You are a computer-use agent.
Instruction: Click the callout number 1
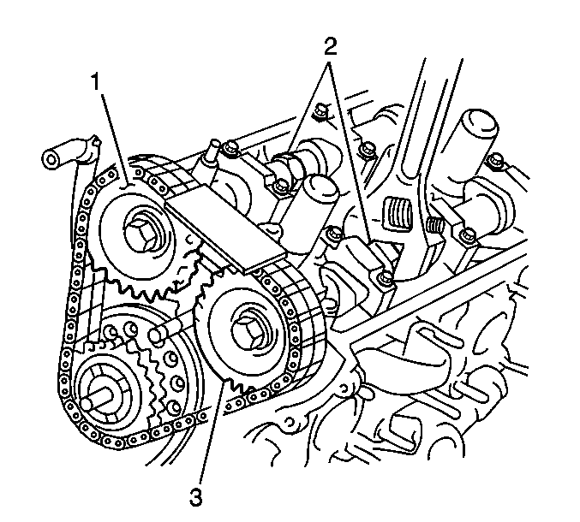pyautogui.click(x=96, y=81)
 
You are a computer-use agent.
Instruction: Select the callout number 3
pyautogui.click(x=195, y=497)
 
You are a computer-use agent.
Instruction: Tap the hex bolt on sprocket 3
pyautogui.click(x=247, y=330)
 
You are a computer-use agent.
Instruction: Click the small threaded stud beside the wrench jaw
pyautogui.click(x=434, y=224)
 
